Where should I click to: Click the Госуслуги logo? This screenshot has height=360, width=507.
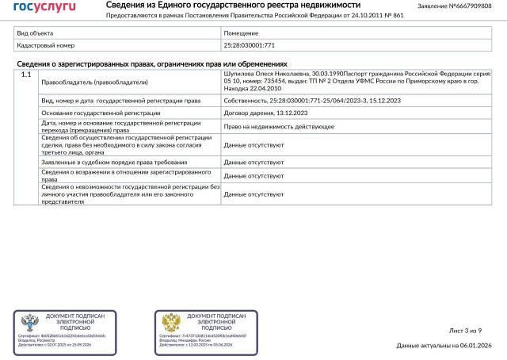coord(45,6)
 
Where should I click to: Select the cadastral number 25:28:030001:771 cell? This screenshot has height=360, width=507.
coord(250,46)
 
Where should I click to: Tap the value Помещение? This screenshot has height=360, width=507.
coord(241,33)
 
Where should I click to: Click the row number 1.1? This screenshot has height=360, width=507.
coord(25,75)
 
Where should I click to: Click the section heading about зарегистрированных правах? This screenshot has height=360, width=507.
coord(151,63)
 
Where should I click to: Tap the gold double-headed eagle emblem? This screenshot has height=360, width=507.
coord(169,322)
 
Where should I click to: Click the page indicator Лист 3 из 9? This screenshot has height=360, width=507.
coord(465,330)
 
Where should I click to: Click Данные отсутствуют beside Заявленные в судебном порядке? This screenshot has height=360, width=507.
coord(253,161)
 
